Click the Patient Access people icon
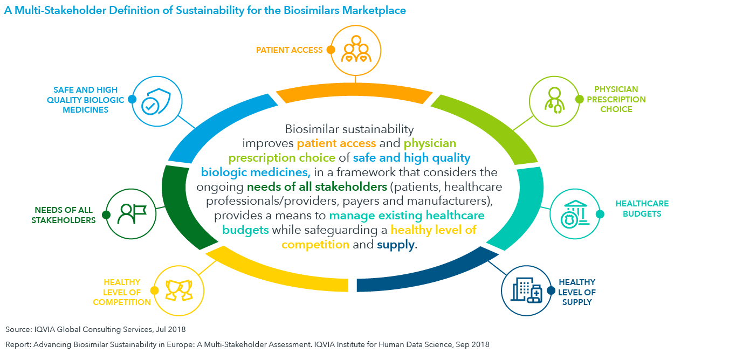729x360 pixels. [356, 49]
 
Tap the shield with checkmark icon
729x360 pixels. [156, 101]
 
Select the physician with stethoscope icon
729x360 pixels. [554, 100]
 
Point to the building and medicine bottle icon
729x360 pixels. [526, 290]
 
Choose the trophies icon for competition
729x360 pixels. [179, 290]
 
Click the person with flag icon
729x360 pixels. [132, 214]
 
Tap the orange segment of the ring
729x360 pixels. [354, 92]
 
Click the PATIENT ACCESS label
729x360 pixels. [289, 50]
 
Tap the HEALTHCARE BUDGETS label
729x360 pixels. [642, 209]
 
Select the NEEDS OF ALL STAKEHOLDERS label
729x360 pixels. [64, 215]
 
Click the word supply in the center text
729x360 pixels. [396, 245]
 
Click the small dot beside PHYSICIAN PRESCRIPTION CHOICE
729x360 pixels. [579, 99]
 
